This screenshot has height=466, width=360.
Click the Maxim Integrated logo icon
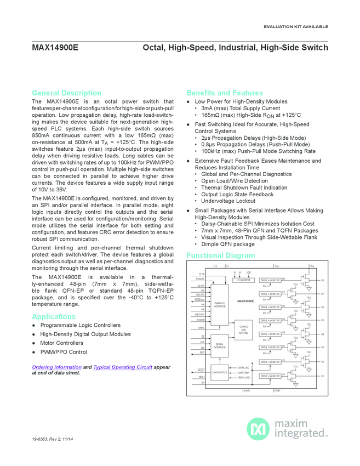pyautogui.click(x=257, y=428)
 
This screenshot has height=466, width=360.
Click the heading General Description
pyautogui.click(x=66, y=93)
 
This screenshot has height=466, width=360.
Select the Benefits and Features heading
pyautogui.click(x=225, y=93)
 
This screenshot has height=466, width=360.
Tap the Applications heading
pyautogui.click(x=54, y=316)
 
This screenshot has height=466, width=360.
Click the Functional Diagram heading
pyautogui.click(x=220, y=255)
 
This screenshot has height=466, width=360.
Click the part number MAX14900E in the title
pyautogui.click(x=55, y=48)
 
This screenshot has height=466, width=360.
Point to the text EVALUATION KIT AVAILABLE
pyautogui.click(x=296, y=26)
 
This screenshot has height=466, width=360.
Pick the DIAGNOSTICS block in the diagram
pyautogui.click(x=220, y=373)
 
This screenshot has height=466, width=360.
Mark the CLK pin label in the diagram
pyautogui.click(x=203, y=342)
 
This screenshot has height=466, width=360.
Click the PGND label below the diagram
pyautogui.click(x=277, y=390)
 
